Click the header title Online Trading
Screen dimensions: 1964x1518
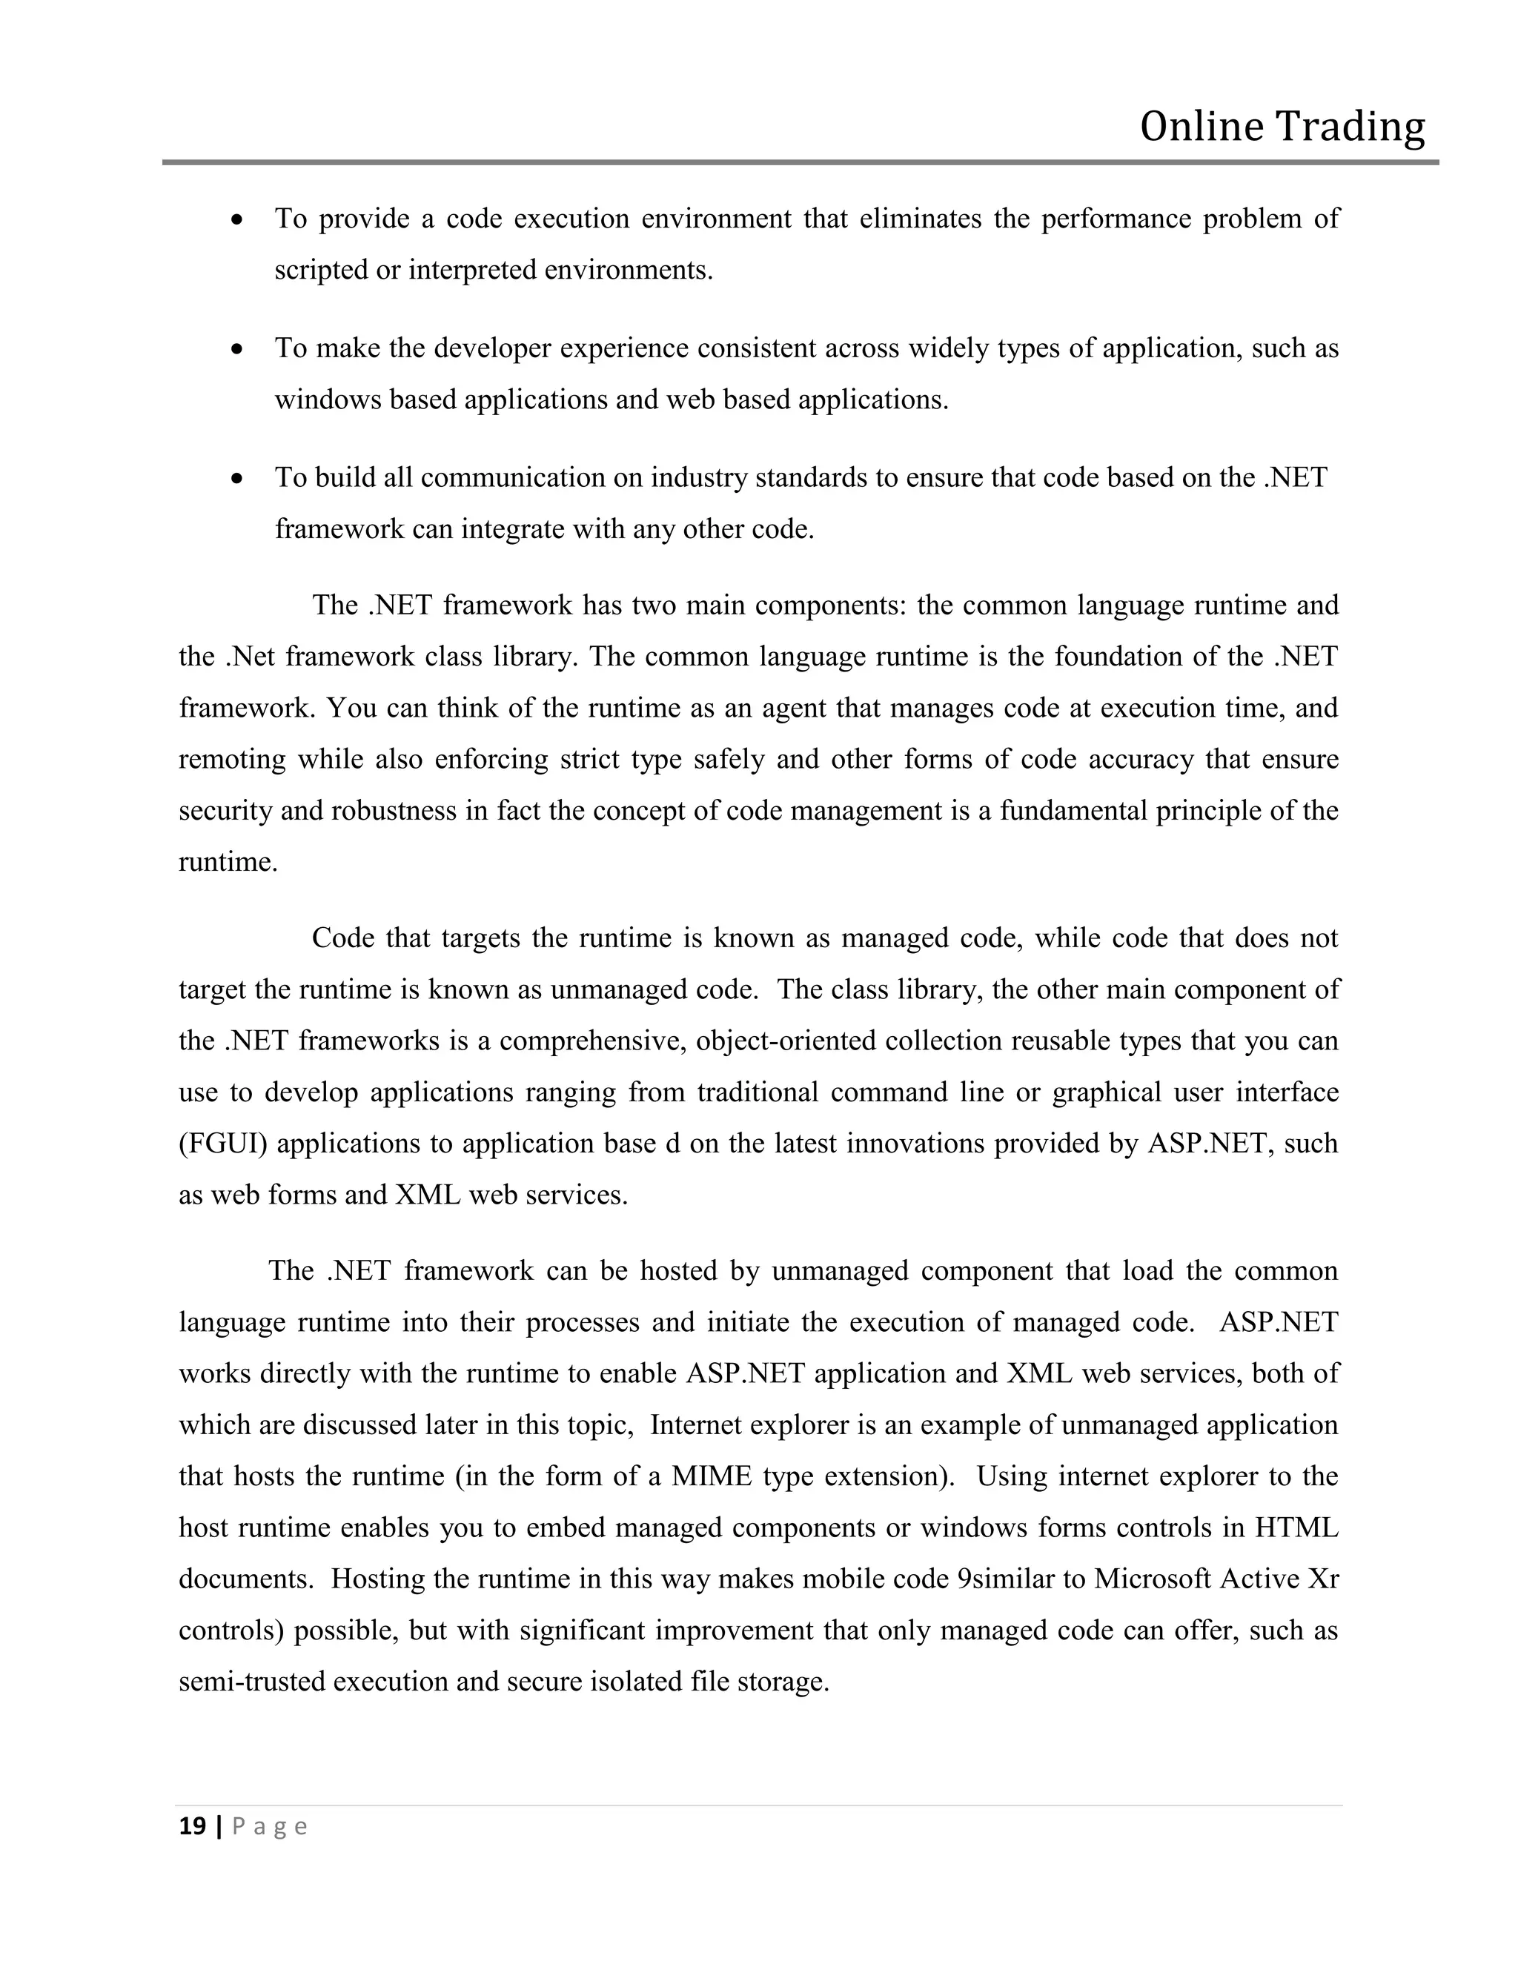[x=1282, y=127]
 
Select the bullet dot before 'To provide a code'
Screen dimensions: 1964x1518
[x=236, y=219]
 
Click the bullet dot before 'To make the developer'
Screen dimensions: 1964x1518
[x=236, y=349]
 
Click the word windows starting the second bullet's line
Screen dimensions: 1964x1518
[x=328, y=399]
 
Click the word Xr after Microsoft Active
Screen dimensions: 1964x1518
[x=1323, y=1579]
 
